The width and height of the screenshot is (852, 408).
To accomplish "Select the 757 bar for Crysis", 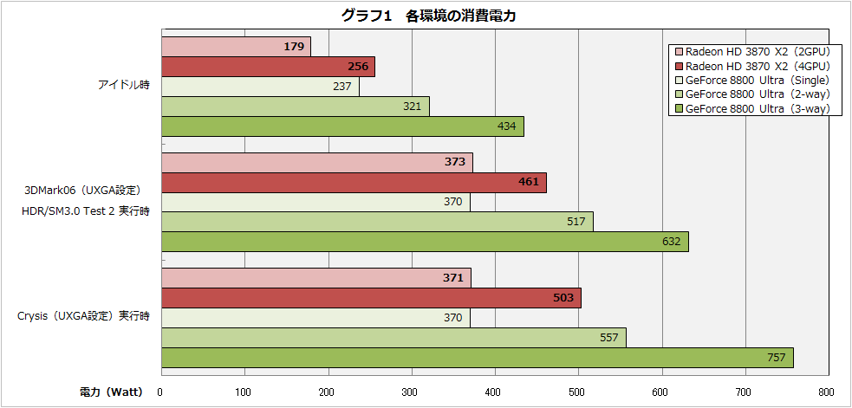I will tap(477, 358).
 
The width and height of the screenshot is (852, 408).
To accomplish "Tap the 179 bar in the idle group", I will tap(235, 47).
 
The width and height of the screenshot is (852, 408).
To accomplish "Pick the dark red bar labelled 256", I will tap(267, 67).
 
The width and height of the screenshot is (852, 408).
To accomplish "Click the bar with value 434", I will tap(341, 126).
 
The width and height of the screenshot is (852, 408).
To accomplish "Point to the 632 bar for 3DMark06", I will tap(424, 242).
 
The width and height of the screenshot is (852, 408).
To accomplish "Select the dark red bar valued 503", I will tap(370, 298).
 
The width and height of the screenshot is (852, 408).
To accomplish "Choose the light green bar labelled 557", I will tap(393, 338).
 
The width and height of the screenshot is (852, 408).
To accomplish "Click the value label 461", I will tap(528, 182).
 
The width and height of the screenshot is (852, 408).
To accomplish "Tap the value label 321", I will tap(412, 107).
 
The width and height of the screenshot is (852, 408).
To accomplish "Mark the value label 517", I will tap(576, 222).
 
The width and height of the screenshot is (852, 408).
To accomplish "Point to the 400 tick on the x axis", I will tap(495, 392).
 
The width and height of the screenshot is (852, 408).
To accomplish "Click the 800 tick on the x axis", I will tap(825, 392).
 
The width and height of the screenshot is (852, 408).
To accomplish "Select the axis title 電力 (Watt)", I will tap(112, 392).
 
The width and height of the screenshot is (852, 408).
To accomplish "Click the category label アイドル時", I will tap(123, 86).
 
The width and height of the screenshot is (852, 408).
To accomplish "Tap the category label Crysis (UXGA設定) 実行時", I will tap(83, 316).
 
